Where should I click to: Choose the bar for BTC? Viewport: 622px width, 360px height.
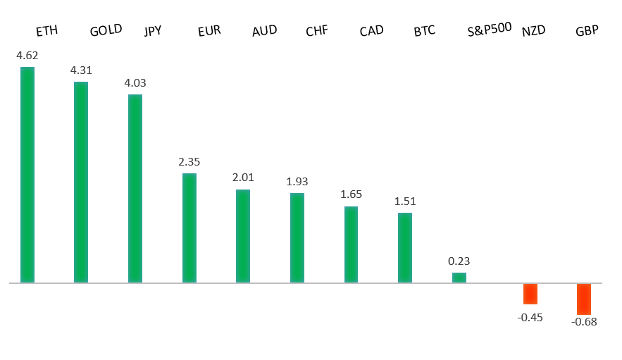pyautogui.click(x=404, y=247)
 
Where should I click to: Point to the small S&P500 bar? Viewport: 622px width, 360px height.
pyautogui.click(x=459, y=278)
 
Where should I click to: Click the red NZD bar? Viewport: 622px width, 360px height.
pyautogui.click(x=530, y=294)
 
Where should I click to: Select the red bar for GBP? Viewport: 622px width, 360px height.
pyautogui.click(x=584, y=299)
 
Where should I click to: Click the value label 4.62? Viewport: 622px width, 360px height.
pyautogui.click(x=27, y=54)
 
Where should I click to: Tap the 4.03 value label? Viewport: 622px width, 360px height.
pyautogui.click(x=135, y=82)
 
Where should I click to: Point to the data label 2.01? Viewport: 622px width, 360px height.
pyautogui.click(x=243, y=177)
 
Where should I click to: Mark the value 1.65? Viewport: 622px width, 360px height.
pyautogui.click(x=351, y=194)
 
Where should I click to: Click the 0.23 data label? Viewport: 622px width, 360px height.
pyautogui.click(x=459, y=261)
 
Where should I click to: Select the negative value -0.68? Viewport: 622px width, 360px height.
pyautogui.click(x=584, y=322)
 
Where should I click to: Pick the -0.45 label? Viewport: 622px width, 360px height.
pyautogui.click(x=530, y=317)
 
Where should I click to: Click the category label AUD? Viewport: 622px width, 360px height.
pyautogui.click(x=264, y=30)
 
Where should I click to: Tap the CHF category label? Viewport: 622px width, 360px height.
pyautogui.click(x=317, y=32)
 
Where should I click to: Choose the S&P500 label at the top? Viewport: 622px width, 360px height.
pyautogui.click(x=490, y=31)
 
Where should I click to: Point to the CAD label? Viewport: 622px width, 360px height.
pyautogui.click(x=371, y=32)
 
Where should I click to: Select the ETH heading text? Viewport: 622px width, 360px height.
pyautogui.click(x=46, y=31)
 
